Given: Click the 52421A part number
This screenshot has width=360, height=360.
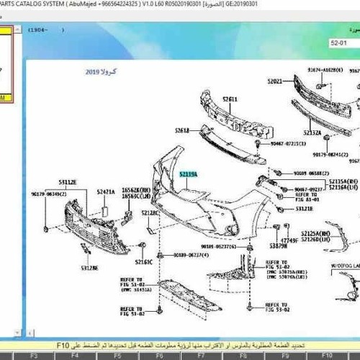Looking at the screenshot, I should [x=106, y=192].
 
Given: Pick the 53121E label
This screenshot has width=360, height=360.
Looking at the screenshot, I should [x=304, y=208].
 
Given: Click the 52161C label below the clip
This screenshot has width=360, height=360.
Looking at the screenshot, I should [x=145, y=262].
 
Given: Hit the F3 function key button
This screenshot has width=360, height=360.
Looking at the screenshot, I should [x=33, y=355].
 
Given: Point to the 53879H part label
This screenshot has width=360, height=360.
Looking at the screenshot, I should [x=279, y=246].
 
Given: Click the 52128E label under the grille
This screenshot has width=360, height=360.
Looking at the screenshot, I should [x=89, y=268].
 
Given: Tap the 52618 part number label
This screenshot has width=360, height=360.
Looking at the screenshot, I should [x=181, y=130].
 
